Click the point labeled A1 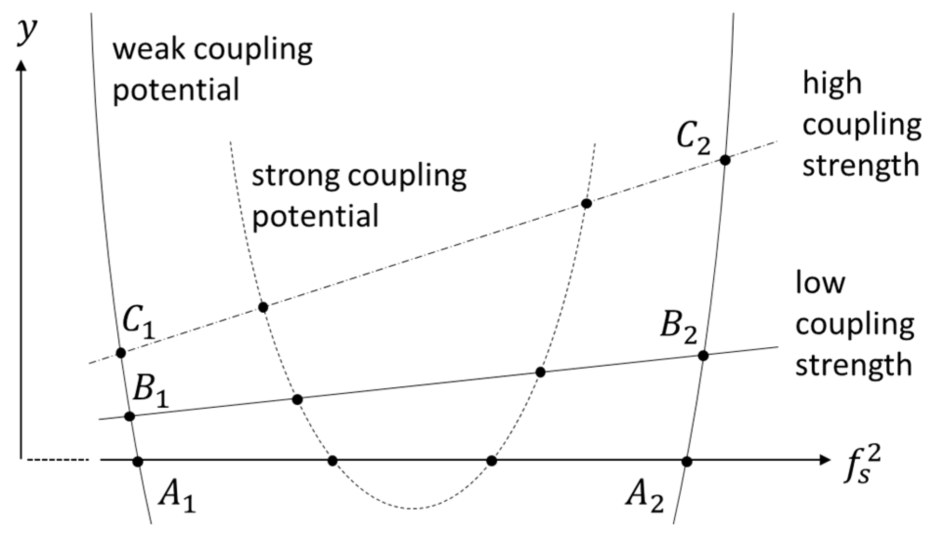click(x=138, y=461)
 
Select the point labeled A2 click(x=687, y=461)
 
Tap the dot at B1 click(x=130, y=416)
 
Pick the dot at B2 click(x=703, y=356)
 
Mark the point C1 click(x=121, y=352)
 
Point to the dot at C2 click(x=725, y=160)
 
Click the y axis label click(x=27, y=32)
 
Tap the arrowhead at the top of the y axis click(x=21, y=65)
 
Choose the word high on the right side click(x=832, y=84)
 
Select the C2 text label click(x=693, y=139)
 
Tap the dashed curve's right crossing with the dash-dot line click(x=587, y=203)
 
